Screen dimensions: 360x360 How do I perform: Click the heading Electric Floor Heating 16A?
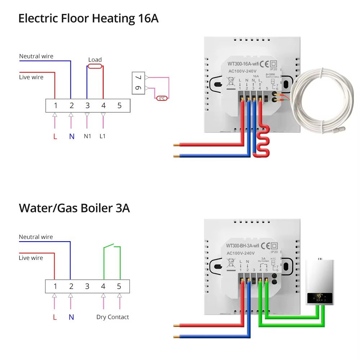[88, 18]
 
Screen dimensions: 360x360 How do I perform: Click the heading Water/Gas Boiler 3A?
[74, 208]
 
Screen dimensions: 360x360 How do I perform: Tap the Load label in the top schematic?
[95, 60]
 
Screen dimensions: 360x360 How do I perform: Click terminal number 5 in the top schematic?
[120, 105]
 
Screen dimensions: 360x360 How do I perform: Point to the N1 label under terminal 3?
[87, 136]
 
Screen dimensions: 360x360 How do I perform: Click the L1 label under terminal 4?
[103, 136]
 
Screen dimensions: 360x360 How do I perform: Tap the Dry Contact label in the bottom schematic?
[112, 317]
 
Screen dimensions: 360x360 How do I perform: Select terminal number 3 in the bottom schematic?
[87, 287]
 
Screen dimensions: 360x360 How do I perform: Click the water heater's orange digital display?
[319, 297]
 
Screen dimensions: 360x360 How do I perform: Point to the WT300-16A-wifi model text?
[243, 64]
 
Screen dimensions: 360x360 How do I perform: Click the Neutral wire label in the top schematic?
[36, 56]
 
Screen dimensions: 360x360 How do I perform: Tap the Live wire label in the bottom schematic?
[31, 258]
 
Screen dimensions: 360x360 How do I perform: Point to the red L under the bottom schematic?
[55, 317]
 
